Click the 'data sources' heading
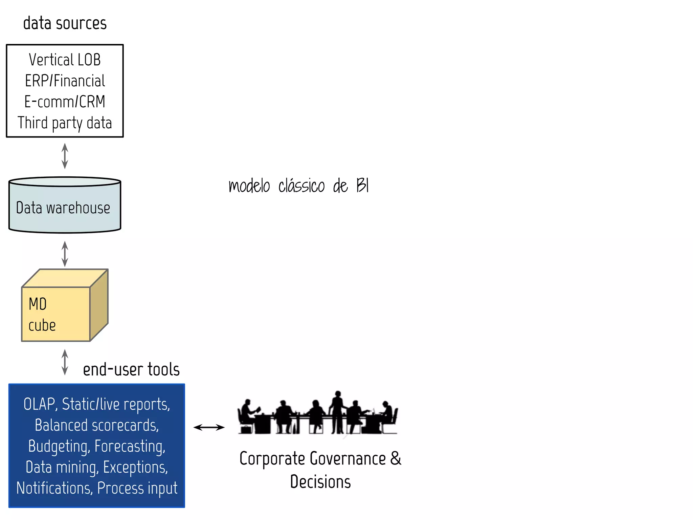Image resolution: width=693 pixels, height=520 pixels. [x=65, y=23]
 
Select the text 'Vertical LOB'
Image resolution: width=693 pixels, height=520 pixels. [x=65, y=60]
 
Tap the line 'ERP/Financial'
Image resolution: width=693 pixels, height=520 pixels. [x=65, y=81]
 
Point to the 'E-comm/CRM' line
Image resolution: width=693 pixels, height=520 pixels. [x=65, y=102]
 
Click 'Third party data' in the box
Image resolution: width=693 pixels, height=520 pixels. [x=65, y=123]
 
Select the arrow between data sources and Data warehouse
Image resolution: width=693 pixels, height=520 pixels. [x=65, y=156]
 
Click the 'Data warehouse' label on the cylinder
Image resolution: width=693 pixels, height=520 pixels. [x=63, y=208]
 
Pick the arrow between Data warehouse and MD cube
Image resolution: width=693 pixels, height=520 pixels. [x=65, y=254]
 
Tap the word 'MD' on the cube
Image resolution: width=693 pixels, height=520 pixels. [x=38, y=304]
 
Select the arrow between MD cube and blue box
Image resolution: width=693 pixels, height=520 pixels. [x=65, y=362]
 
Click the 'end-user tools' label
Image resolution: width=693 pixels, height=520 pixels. [x=131, y=369]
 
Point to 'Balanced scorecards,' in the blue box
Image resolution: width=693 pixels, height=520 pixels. [x=97, y=425]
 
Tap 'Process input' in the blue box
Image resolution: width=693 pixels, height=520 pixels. [x=137, y=488]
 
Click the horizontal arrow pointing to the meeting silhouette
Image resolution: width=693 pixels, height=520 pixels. [x=209, y=427]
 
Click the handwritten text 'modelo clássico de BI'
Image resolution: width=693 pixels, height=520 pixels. [x=298, y=186]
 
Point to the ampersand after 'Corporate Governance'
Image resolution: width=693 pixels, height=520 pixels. [x=395, y=458]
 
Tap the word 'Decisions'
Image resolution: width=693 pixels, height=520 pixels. [x=320, y=482]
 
